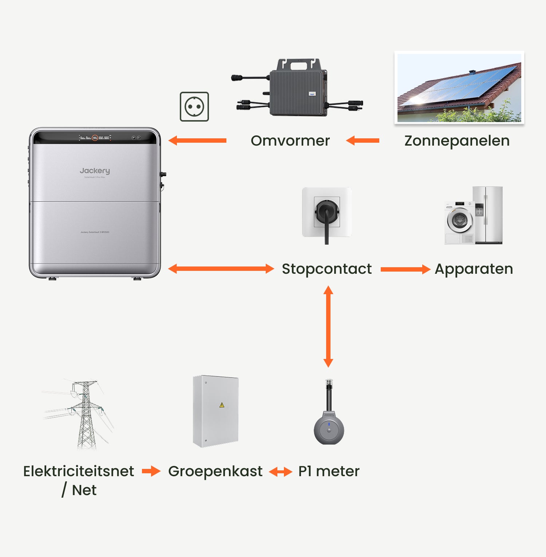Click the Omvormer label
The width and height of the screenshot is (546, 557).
(x=290, y=141)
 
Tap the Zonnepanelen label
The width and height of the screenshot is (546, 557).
(x=457, y=141)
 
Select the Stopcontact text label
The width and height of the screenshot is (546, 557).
(x=327, y=269)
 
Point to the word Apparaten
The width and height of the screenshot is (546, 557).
(x=474, y=269)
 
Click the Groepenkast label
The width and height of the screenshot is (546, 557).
(x=215, y=471)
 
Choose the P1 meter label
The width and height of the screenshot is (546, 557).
(x=329, y=471)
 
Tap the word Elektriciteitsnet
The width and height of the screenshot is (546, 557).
(x=79, y=471)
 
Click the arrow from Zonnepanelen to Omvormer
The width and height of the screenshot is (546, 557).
(x=363, y=141)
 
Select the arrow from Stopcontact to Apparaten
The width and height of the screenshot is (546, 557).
(x=405, y=269)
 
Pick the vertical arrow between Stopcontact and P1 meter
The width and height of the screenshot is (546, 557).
(x=328, y=327)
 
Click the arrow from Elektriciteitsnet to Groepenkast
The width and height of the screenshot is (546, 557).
(x=151, y=471)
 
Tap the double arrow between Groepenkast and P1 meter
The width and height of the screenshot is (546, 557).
(x=280, y=472)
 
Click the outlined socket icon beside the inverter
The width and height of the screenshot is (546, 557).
(x=194, y=107)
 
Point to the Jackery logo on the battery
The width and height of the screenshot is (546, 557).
(x=95, y=171)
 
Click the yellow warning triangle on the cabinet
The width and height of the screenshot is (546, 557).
(x=222, y=405)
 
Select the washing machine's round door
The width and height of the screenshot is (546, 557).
(x=460, y=220)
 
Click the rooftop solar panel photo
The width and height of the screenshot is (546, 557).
(x=459, y=88)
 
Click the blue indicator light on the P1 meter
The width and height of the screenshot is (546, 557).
(x=329, y=424)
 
